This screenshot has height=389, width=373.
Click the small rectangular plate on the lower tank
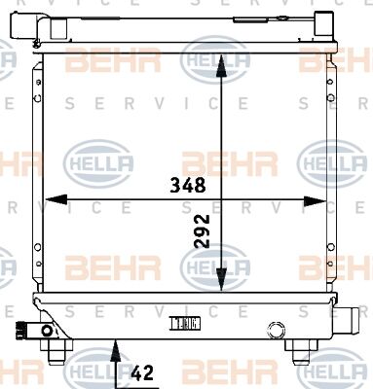point(186,323)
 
